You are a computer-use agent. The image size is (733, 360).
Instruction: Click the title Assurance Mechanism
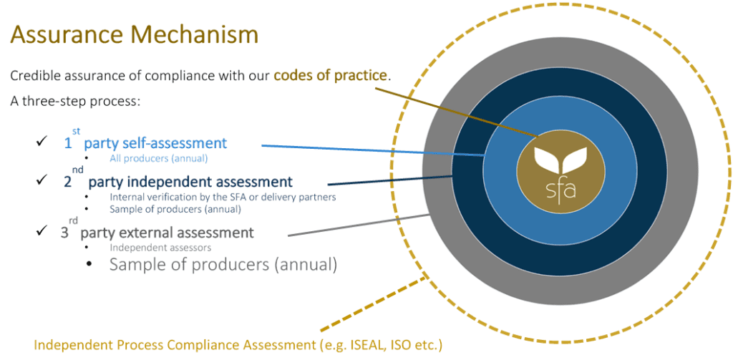coord(134,35)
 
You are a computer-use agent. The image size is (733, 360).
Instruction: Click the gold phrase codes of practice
coord(331,75)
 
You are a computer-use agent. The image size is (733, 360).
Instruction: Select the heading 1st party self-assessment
coord(145,140)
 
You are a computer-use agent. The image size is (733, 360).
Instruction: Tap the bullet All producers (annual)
coord(158,158)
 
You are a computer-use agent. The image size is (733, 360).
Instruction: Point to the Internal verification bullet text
coord(223,197)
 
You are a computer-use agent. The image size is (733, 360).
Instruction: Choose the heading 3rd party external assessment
coord(157,230)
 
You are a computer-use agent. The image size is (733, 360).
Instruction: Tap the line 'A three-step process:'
coord(75,102)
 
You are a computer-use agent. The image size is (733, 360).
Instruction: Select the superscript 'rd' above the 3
coord(74,220)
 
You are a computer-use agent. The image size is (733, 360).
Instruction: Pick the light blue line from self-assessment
coord(372,150)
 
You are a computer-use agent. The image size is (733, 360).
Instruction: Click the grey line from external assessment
coord(359,225)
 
